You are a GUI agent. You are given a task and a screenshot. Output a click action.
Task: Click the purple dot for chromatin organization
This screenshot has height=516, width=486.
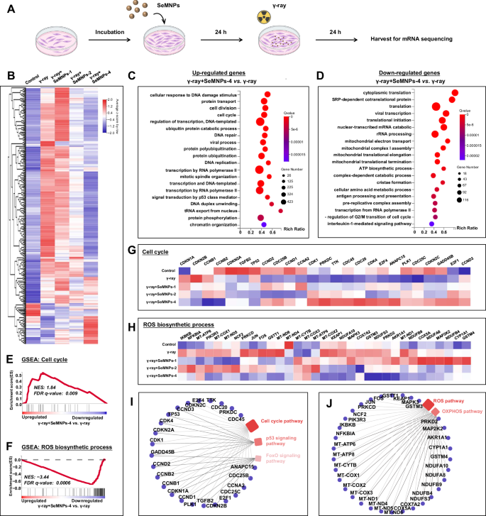tap(263, 224)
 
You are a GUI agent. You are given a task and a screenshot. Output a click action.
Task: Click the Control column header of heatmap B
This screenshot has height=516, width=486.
tap(30, 76)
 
